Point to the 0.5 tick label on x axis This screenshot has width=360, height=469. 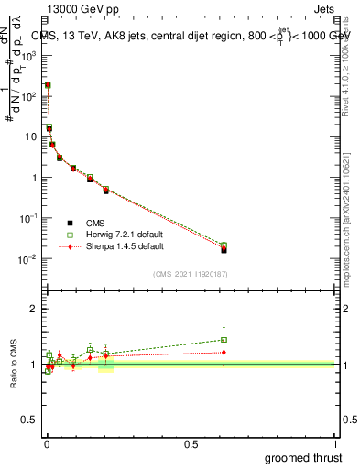[x=191, y=442]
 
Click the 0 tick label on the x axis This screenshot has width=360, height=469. [x=47, y=442]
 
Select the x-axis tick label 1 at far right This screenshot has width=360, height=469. [x=335, y=442]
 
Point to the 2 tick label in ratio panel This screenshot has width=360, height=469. [x=33, y=309]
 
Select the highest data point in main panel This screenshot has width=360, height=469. [x=48, y=84]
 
